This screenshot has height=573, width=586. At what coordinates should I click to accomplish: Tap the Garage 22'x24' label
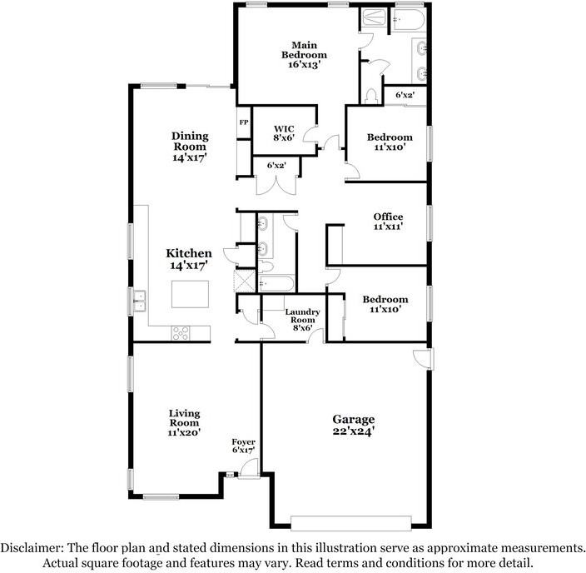click(354, 425)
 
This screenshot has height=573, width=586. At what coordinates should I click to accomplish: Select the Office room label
click(388, 222)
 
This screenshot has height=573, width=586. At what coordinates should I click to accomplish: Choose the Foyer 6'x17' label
click(243, 446)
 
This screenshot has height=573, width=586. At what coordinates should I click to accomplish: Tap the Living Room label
click(184, 422)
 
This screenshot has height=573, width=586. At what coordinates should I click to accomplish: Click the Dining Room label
click(190, 146)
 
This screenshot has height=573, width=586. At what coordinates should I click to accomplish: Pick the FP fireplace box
click(244, 123)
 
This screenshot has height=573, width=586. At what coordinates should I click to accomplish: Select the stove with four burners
click(181, 333)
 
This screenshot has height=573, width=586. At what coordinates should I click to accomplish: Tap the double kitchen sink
click(138, 295)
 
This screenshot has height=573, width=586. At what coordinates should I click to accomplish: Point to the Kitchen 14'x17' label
click(189, 259)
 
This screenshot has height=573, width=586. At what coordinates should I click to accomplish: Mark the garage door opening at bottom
click(351, 522)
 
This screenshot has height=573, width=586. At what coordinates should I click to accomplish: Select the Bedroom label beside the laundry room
click(385, 304)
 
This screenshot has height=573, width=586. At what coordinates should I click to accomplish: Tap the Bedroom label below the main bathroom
click(389, 142)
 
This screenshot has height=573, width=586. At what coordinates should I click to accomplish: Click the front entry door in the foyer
click(246, 476)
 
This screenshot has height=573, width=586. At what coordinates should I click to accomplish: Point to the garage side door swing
click(422, 359)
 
